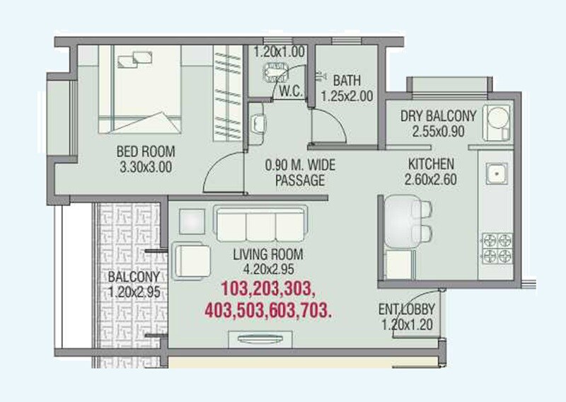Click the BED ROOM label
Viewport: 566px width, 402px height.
click(x=145, y=152)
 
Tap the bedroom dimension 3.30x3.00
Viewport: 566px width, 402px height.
click(x=145, y=168)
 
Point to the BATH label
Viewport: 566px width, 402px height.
click(x=347, y=79)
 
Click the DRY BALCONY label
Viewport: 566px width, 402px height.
click(x=438, y=116)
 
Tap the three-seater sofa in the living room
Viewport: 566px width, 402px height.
click(x=260, y=225)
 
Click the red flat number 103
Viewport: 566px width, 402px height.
click(x=238, y=289)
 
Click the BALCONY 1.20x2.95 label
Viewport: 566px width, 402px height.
click(x=133, y=283)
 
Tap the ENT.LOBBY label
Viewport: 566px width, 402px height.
click(x=407, y=310)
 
